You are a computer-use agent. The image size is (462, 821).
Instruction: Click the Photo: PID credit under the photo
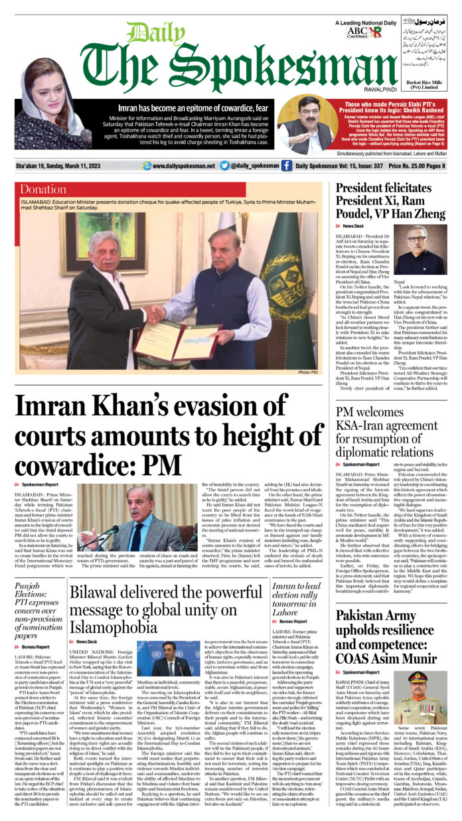tap(309, 372)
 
